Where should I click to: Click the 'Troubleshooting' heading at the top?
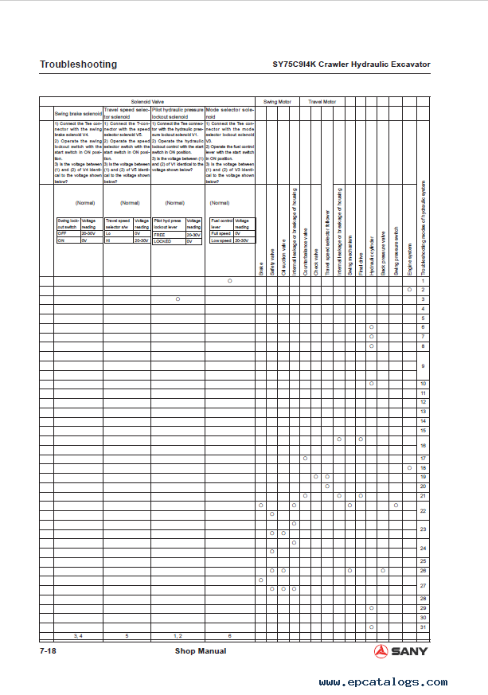(x=78, y=64)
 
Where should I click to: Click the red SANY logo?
(x=400, y=651)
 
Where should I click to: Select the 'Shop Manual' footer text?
(x=201, y=651)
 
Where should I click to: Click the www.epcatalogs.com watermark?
(x=383, y=682)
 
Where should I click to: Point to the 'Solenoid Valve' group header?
(x=147, y=102)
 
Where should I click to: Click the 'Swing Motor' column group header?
(x=277, y=102)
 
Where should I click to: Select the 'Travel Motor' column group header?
(x=322, y=102)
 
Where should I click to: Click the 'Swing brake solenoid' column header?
(x=77, y=115)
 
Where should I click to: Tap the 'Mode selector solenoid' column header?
(x=230, y=111)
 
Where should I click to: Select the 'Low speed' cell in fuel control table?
(x=221, y=240)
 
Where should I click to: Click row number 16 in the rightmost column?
(x=423, y=446)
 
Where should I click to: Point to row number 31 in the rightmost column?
(x=423, y=627)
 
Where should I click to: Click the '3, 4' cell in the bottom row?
(x=77, y=636)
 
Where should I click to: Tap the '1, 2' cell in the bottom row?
(x=178, y=636)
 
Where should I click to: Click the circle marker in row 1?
(x=230, y=280)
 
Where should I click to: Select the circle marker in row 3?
(x=178, y=299)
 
